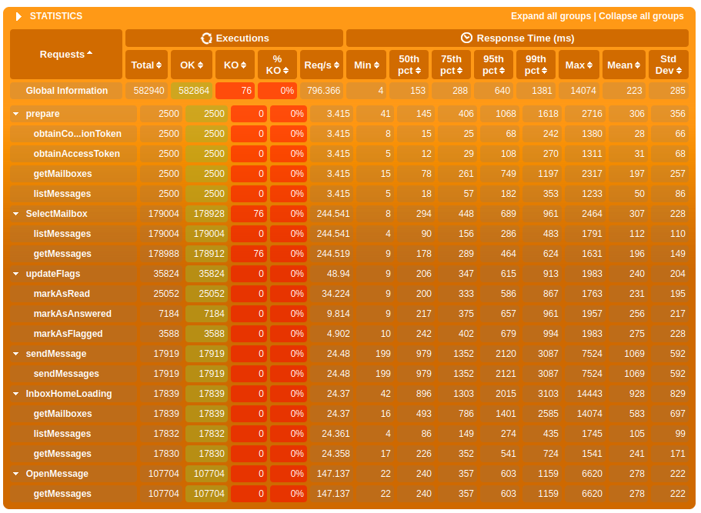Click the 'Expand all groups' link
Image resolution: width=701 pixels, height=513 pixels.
pos(551,16)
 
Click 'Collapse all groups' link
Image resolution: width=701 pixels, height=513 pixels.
pos(641,16)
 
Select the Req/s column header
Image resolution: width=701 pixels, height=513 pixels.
pos(322,65)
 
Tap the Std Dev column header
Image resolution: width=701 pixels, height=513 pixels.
pos(668,65)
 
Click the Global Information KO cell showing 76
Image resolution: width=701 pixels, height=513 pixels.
pos(235,91)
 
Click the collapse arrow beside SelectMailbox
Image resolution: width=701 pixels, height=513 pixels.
pos(16,214)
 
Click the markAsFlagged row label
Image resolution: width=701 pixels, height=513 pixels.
pos(68,334)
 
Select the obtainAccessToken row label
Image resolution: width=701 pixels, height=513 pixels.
pos(76,154)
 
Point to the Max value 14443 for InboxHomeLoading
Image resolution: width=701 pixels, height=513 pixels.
pos(584,394)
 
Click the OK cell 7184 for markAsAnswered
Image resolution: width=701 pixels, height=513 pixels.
pos(207,314)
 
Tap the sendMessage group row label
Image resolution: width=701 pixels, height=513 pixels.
pos(55,354)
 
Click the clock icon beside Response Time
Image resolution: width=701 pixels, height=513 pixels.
pos(466,38)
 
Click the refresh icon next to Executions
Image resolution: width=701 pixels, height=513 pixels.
pos(206,38)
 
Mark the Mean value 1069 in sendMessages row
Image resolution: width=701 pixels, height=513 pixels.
pos(628,374)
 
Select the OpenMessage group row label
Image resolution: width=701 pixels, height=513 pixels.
pos(57,474)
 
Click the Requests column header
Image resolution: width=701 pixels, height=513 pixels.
pos(66,55)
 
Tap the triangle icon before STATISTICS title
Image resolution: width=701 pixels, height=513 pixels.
pos(19,16)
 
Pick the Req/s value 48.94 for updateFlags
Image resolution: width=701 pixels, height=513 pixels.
pos(332,274)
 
